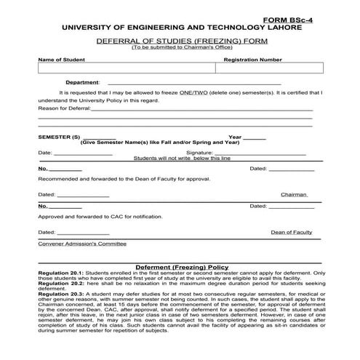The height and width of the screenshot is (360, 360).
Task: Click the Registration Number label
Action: click(x=252, y=60)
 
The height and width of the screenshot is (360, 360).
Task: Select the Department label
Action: click(x=82, y=83)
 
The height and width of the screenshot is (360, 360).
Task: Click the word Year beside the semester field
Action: click(x=235, y=137)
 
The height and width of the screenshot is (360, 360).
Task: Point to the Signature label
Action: click(x=199, y=153)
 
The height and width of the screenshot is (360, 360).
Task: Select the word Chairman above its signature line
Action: click(x=294, y=195)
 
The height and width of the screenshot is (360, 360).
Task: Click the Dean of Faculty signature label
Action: click(x=291, y=232)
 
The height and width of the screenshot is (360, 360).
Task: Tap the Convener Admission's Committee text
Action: click(x=81, y=244)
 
